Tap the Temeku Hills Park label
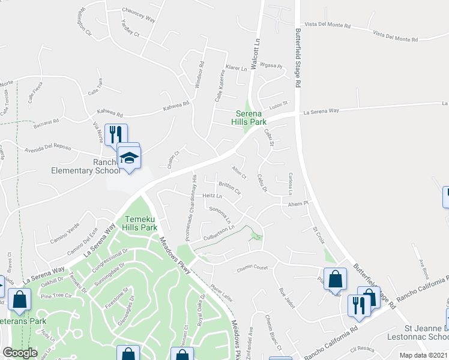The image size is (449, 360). click(140, 224)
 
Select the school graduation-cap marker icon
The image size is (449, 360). click(128, 158)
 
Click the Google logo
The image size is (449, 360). click(20, 353)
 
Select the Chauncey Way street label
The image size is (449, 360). click(138, 14)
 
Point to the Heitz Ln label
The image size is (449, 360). click(212, 196)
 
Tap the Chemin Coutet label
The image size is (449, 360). click(252, 268)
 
